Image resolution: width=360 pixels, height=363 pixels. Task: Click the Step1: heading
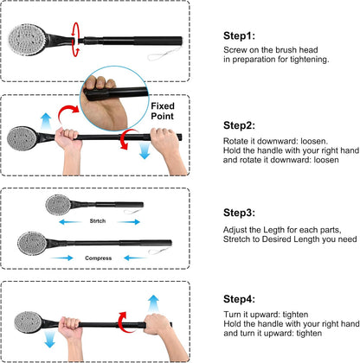tap(239, 37)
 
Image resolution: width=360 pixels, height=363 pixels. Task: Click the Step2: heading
tap(239, 125)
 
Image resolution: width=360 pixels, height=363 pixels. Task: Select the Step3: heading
tap(239, 213)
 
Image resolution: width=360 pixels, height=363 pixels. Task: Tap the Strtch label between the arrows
tap(97, 220)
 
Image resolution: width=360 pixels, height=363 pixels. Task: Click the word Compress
tap(97, 258)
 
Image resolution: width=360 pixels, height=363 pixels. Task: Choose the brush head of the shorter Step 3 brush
tap(58, 206)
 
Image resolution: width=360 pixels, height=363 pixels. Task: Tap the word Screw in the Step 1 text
tap(235, 51)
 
